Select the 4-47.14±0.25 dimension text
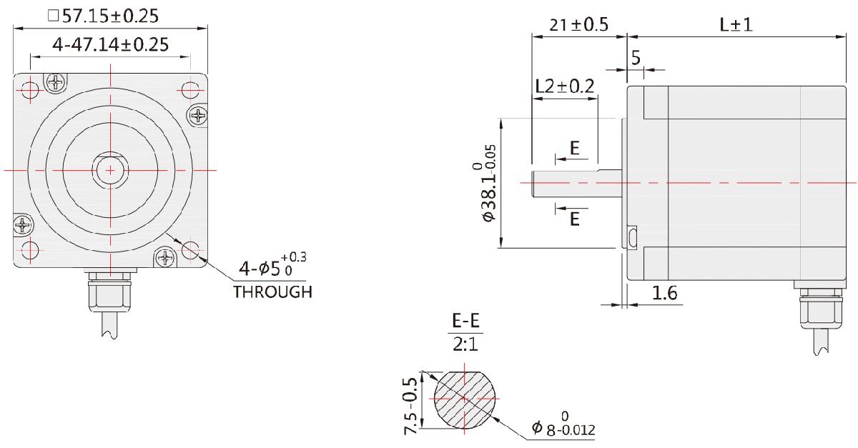coord(110,45)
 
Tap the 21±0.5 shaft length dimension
coord(578,25)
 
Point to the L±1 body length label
coord(736,25)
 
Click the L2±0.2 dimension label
coord(565,86)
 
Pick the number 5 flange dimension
coord(636,58)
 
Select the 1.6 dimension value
coord(664,293)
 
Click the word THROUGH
coord(272,292)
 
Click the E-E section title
coord(465,321)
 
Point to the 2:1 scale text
coord(465,344)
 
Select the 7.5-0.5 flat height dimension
coord(410,406)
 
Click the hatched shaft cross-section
coord(465,399)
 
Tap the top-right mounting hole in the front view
coord(190,90)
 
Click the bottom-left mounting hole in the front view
coord(30,250)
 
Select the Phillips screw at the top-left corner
coord(56,81)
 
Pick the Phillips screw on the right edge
coord(199,115)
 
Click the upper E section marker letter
coord(575,148)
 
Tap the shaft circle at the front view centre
coord(110,170)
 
